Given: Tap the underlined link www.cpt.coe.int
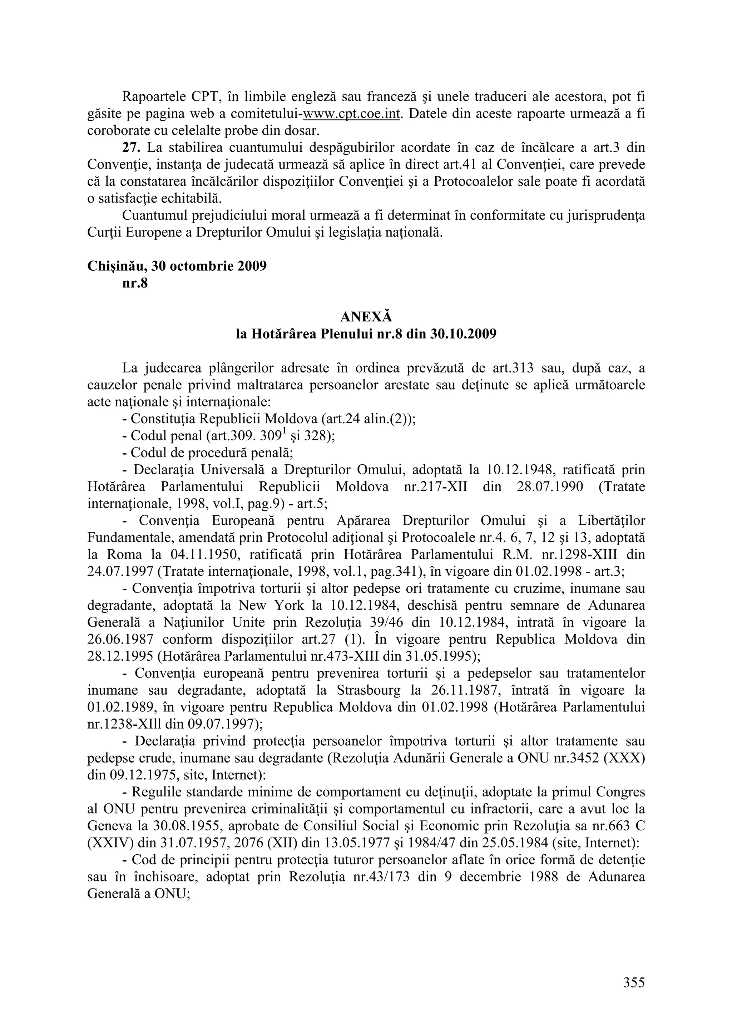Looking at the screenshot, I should (x=352, y=114).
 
